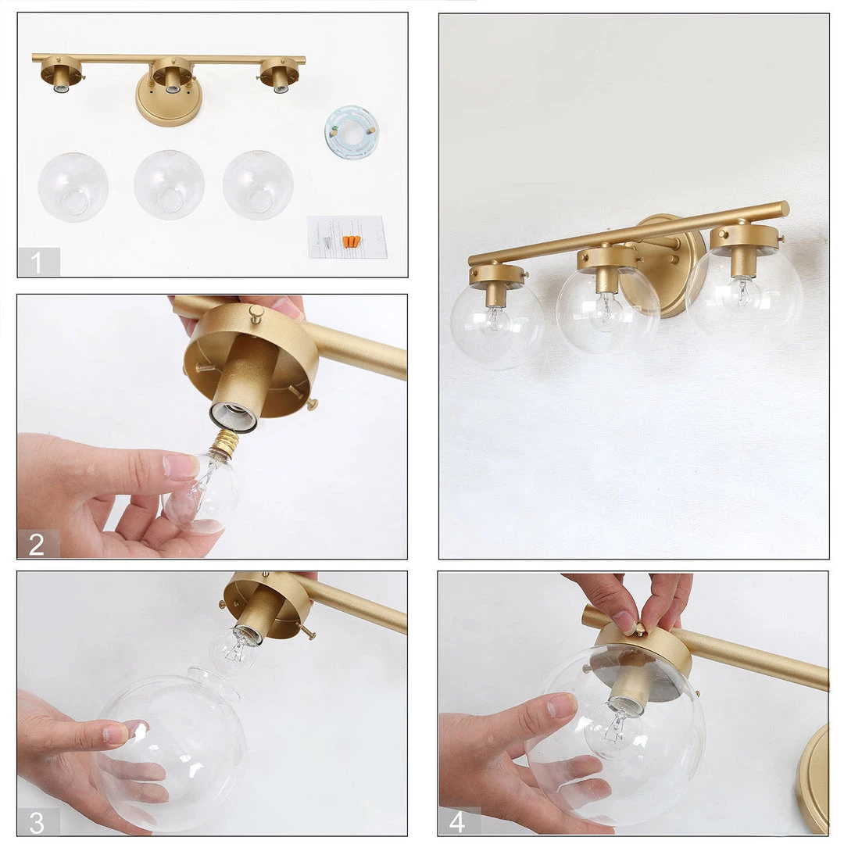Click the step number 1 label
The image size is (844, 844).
(36, 263)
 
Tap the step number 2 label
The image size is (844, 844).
(36, 544)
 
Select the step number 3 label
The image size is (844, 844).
(36, 822)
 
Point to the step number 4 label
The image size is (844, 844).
(457, 822)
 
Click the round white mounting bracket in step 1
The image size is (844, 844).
(352, 133)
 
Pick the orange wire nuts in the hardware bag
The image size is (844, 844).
(350, 241)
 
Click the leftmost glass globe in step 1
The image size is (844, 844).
(73, 188)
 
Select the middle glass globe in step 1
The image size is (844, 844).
(169, 184)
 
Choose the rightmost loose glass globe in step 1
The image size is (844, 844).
(258, 184)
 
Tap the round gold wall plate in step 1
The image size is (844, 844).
(168, 102)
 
